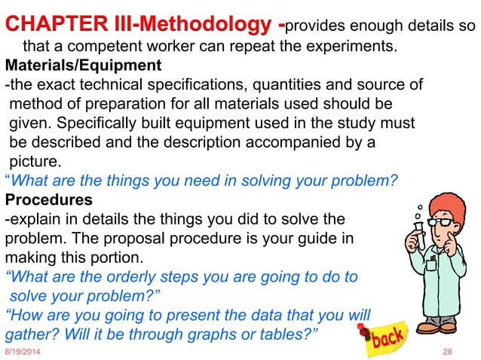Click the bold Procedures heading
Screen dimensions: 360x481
[49, 200]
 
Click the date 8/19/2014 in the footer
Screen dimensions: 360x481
[24, 352]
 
